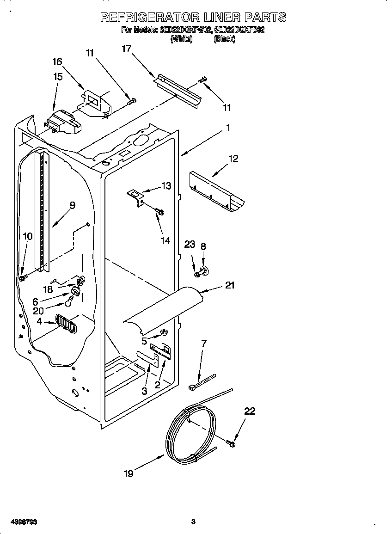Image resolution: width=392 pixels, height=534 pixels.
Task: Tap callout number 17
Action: (x=127, y=49)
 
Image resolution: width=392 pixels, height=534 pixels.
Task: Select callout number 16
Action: (x=57, y=62)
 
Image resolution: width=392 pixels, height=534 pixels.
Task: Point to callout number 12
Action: (x=233, y=159)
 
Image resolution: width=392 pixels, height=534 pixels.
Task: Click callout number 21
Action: (x=230, y=285)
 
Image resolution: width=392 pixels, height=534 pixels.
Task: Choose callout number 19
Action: (x=129, y=473)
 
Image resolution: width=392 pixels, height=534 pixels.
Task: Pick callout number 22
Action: (x=250, y=411)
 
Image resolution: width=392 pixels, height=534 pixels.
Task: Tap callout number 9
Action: (x=73, y=205)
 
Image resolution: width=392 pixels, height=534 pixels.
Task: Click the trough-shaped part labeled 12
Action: (x=217, y=190)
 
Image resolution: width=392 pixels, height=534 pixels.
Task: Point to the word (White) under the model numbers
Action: (x=182, y=40)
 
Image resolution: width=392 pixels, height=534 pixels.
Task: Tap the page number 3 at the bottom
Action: (x=193, y=522)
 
